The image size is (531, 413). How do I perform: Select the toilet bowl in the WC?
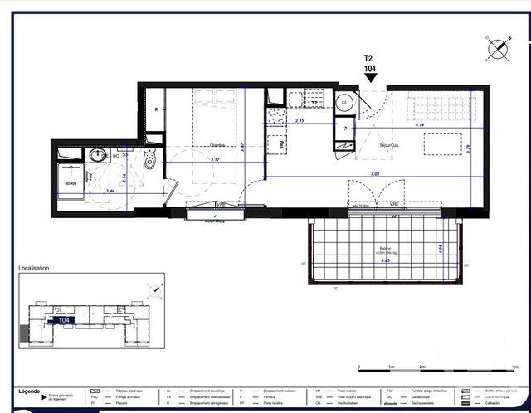pyautogui.click(x=149, y=160)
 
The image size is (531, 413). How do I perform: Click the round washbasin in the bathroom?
pyautogui.click(x=96, y=154)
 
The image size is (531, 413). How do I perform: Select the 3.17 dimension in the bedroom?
pyautogui.click(x=215, y=159)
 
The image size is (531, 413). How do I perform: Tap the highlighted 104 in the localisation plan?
pyautogui.click(x=63, y=319)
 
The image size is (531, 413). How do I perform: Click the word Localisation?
pyautogui.click(x=34, y=269)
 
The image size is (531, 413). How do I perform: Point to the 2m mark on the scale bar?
pyautogui.click(x=421, y=366)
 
